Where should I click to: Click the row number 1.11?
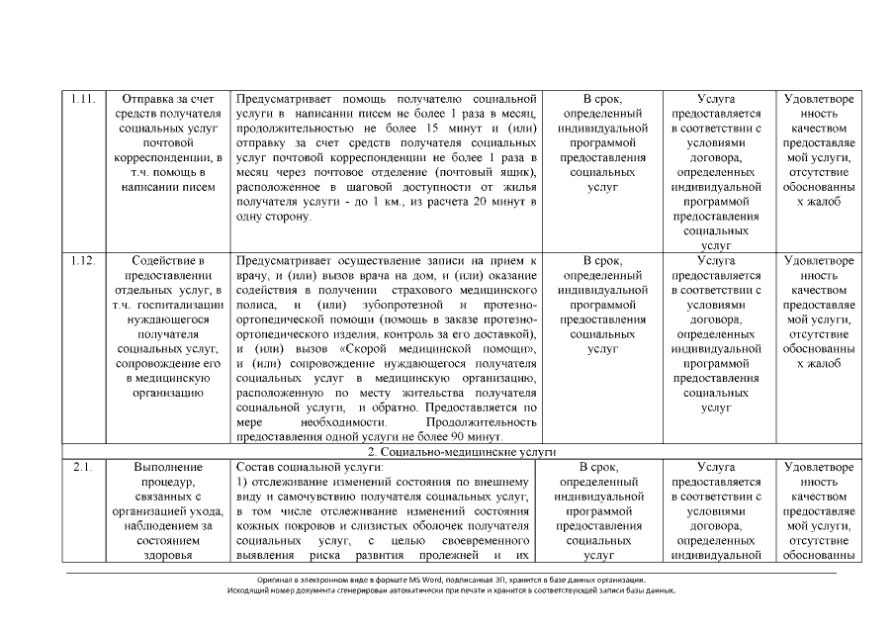coord(83,99)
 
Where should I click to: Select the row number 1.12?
coord(83,261)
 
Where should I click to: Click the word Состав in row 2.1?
coord(256,466)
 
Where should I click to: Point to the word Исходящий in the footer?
coord(248,590)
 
